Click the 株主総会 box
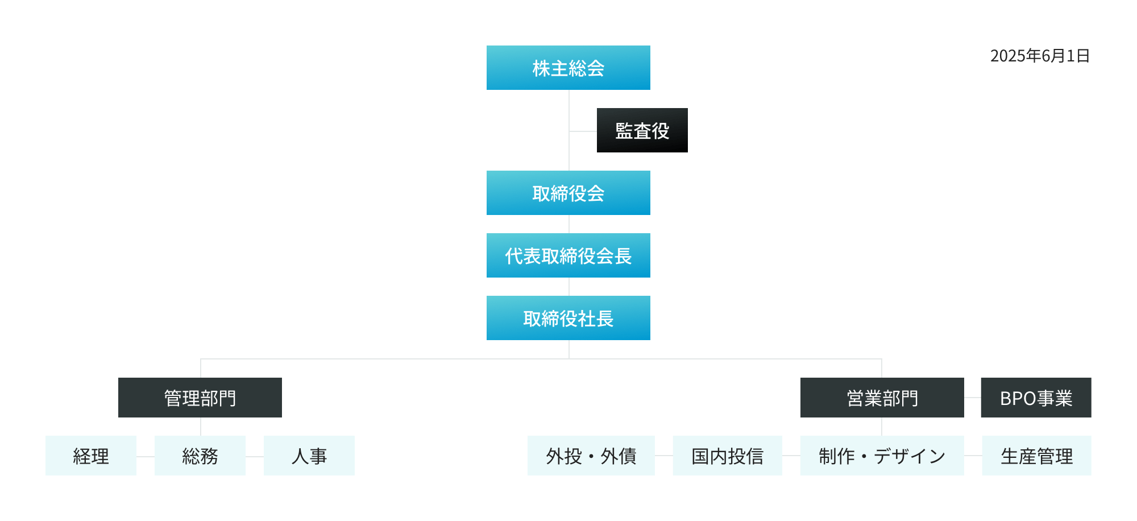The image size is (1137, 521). point(568,68)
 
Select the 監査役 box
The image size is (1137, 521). point(642,130)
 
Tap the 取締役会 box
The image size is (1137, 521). point(568,193)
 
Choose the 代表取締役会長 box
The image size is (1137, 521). point(568,255)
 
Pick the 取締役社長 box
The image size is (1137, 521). point(568,318)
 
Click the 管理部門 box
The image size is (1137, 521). point(200,398)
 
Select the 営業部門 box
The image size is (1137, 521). point(882,398)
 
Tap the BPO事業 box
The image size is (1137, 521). point(1036,398)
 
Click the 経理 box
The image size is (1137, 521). point(90,456)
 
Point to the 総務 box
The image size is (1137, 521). point(200,456)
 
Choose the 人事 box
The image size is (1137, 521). point(309,456)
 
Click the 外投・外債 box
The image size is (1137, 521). point(591,456)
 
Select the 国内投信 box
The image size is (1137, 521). point(727,456)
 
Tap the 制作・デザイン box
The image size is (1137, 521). point(882,456)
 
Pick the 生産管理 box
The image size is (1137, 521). point(1036,456)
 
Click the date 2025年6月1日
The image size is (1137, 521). point(1040,56)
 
